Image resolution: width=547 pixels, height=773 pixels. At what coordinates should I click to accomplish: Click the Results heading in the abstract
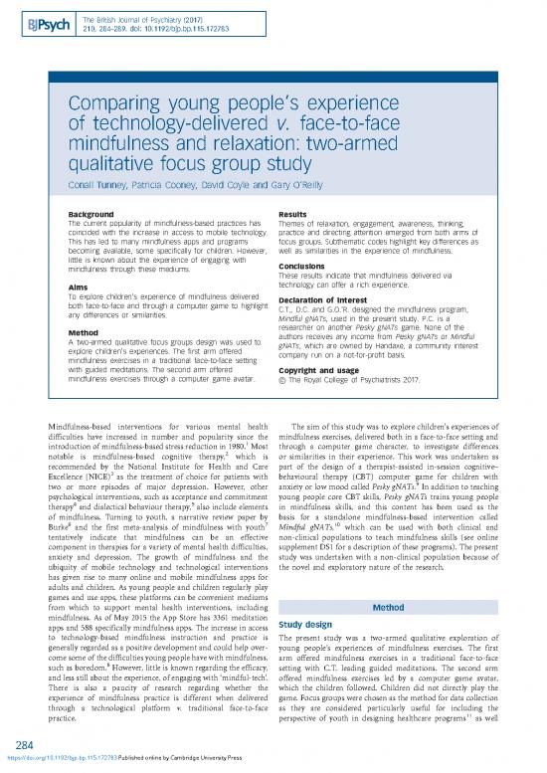[298, 212]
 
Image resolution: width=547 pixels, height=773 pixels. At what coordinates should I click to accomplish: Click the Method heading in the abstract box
[81, 333]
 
